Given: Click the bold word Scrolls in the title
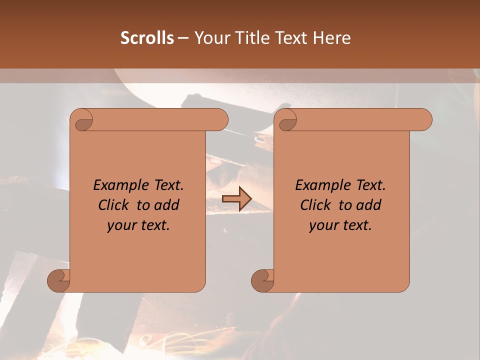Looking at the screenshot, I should tap(147, 38).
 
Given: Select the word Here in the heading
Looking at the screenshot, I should tap(332, 38).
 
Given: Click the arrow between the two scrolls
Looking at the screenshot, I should tap(236, 199).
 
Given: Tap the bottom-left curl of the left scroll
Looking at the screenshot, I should tap(58, 280).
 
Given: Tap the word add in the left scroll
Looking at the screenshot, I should tap(166, 205).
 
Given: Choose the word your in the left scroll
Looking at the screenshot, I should tap(120, 225).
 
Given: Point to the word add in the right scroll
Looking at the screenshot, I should tap(368, 205).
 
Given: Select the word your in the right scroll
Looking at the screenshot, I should tap(322, 225).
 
